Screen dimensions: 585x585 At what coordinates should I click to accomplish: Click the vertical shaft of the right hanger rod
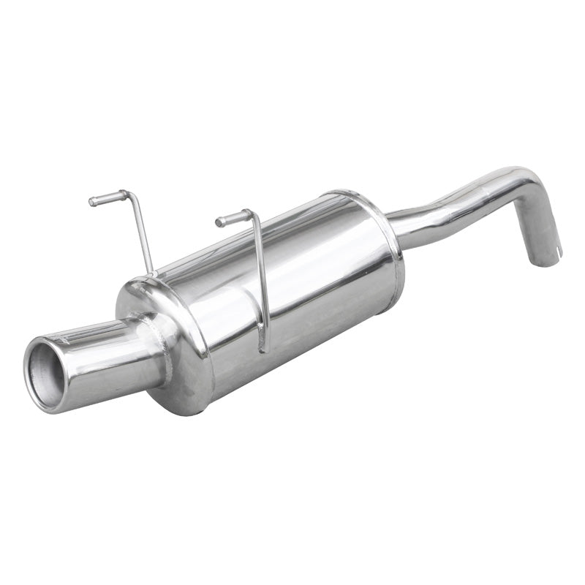pyautogui.click(x=260, y=278)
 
